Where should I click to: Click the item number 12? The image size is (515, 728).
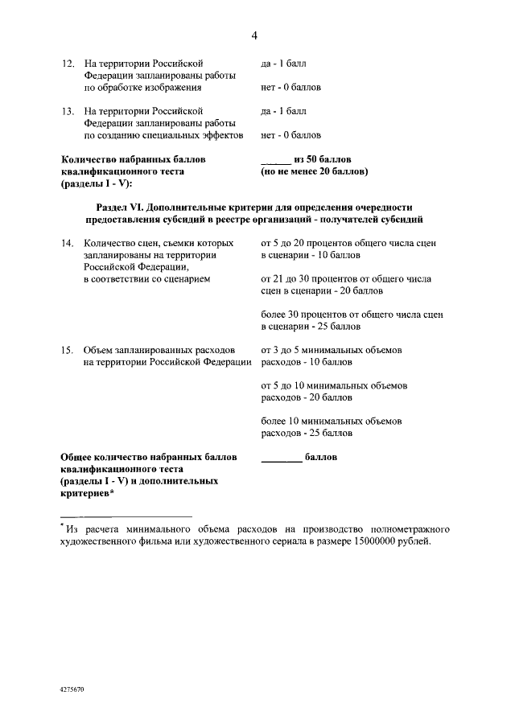(x=68, y=63)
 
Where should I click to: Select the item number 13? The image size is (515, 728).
(x=68, y=111)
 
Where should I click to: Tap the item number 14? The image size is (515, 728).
(x=68, y=242)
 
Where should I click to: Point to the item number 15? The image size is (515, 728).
(x=68, y=351)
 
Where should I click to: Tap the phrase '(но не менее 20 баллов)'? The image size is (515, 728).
(x=315, y=171)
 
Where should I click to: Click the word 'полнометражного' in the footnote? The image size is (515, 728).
(x=409, y=529)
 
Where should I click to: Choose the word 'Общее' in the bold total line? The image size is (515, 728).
(x=79, y=457)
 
